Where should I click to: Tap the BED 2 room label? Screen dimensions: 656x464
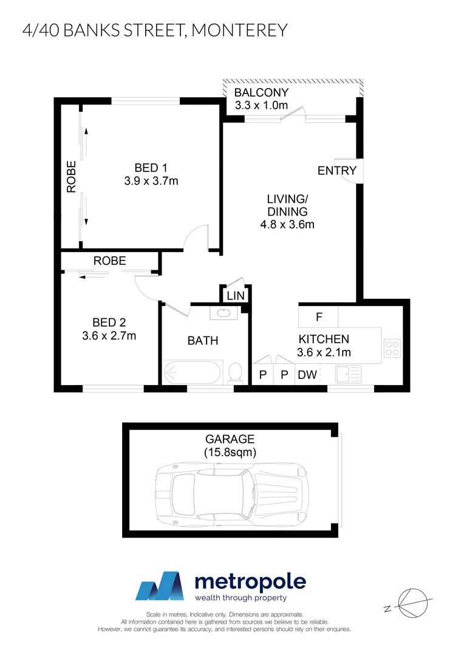click(109, 323)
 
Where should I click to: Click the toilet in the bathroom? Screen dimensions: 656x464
click(235, 372)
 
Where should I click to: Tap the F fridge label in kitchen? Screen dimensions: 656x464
click(318, 316)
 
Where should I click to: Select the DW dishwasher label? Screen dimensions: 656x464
click(307, 375)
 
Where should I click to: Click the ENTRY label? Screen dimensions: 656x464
click(337, 171)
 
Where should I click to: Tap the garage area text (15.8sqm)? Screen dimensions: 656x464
click(230, 452)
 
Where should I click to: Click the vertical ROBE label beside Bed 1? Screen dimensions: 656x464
click(72, 176)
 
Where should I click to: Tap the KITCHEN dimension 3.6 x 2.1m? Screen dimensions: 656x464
click(324, 352)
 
